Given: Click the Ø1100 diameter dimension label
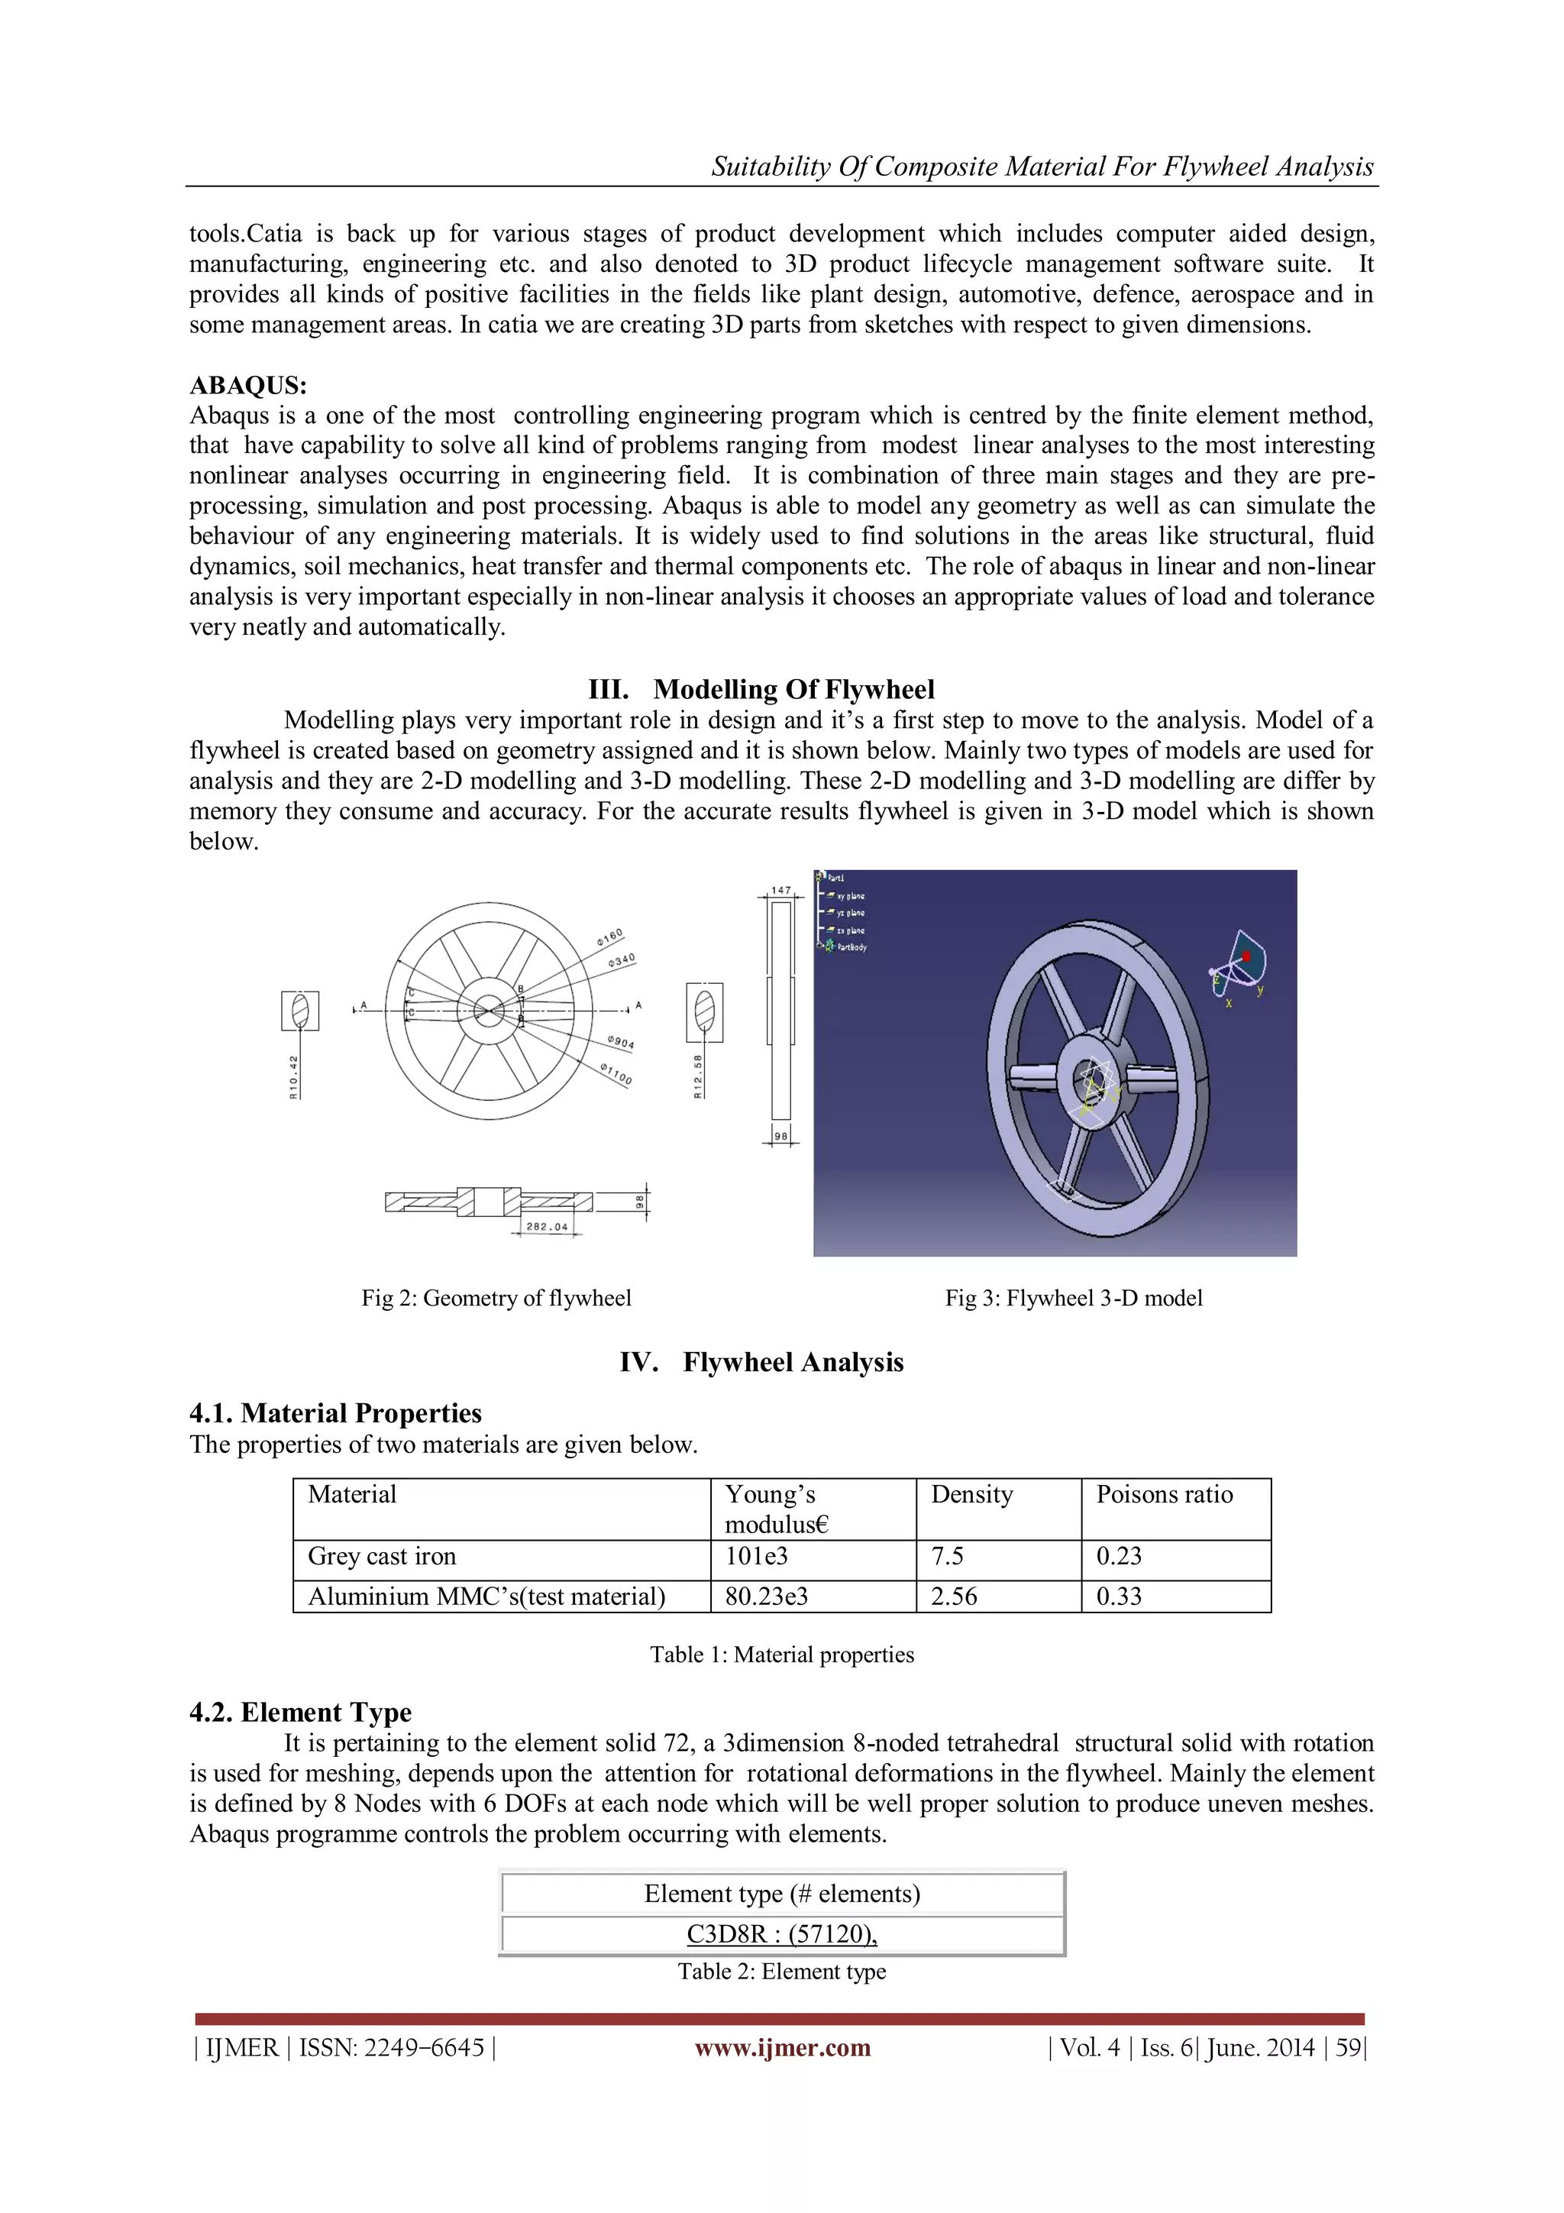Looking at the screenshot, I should pos(616,1074).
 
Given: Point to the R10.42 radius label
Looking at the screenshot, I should pos(294,1076).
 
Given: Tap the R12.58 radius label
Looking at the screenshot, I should pos(699,1076).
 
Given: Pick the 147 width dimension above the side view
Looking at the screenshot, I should pos(780,891).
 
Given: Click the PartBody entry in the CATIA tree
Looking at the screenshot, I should pos(850,947).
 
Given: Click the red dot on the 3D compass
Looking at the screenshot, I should pos(1246,956).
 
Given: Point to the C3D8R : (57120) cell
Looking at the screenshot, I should pos(781,1934).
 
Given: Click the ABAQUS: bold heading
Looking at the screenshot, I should pos(247,386).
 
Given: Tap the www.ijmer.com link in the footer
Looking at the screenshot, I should pos(783,2048).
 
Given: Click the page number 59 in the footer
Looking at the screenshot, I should pos(1348,2048).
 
